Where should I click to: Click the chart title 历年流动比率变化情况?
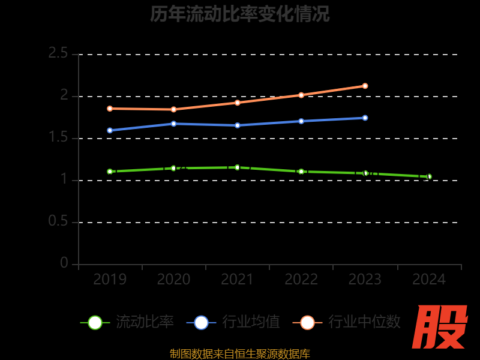(240, 14)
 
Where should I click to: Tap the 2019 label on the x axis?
(110, 280)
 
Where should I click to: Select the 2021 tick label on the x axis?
(238, 280)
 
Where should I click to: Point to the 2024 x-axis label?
(429, 280)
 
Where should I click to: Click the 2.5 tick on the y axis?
(58, 53)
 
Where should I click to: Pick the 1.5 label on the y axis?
(58, 137)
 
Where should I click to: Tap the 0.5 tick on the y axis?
(58, 221)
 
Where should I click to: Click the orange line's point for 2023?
(365, 86)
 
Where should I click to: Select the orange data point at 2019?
(110, 109)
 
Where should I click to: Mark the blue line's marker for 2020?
(173, 124)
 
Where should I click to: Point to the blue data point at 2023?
(365, 118)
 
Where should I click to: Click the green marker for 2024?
(429, 176)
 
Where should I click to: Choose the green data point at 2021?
(238, 167)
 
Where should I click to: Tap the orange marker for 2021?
(238, 103)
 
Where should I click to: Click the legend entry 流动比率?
(145, 322)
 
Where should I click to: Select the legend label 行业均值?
(251, 322)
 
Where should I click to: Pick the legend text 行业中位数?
(364, 322)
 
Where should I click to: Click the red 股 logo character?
(442, 328)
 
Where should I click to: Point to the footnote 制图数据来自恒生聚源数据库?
(240, 354)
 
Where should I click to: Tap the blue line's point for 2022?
(301, 121)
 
